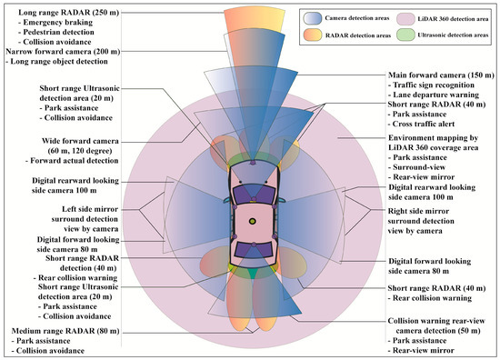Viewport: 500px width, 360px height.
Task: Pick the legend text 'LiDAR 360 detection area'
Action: (x=446, y=17)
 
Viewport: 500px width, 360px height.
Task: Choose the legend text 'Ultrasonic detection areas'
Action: (x=448, y=35)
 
